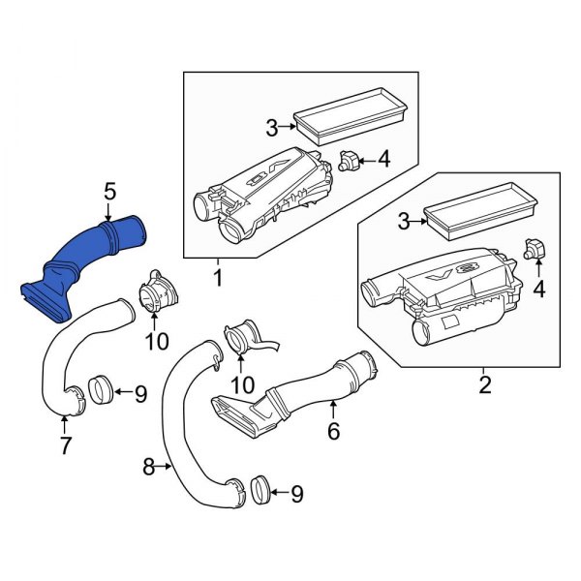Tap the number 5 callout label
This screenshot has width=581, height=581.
coord(109,192)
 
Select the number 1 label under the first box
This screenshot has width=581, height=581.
coord(217,279)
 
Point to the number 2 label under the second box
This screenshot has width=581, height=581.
coord(485,385)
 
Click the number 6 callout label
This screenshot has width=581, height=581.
coord(333,431)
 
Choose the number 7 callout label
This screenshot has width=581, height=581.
coord(65,447)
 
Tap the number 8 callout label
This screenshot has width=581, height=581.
coord(149,468)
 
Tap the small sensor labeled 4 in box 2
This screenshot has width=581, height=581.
coord(534,249)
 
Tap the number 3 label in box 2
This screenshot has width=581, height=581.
coord(403,223)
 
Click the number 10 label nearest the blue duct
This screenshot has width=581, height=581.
coord(157,340)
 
